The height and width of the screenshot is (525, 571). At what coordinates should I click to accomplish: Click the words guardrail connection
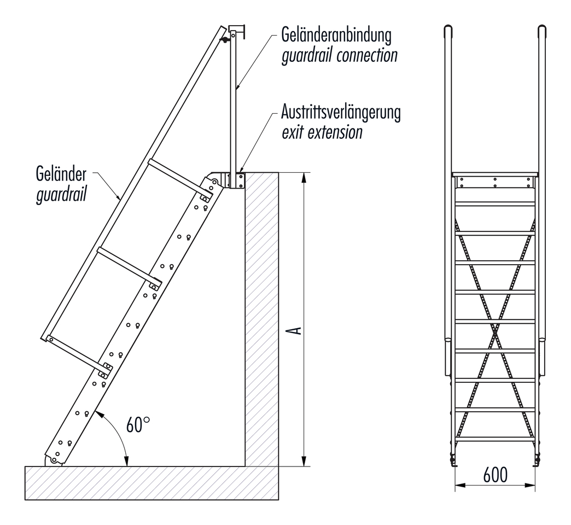click(x=339, y=55)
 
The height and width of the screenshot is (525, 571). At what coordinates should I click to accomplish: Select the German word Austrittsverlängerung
click(x=341, y=113)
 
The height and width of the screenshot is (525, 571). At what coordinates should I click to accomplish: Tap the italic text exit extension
click(x=322, y=132)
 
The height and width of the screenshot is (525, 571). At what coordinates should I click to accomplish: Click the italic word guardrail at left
click(x=61, y=195)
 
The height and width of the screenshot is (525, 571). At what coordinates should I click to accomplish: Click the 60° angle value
click(x=138, y=425)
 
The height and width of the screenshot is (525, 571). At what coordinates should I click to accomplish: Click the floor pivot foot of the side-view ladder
click(x=54, y=460)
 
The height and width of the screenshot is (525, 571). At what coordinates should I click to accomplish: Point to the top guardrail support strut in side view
click(x=178, y=178)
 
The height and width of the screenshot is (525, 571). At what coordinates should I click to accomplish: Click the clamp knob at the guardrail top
click(x=224, y=40)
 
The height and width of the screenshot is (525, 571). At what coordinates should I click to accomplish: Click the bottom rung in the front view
click(x=495, y=439)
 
